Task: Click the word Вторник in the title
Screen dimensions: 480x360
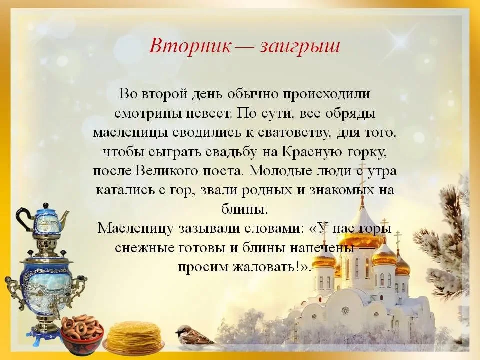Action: (190, 46)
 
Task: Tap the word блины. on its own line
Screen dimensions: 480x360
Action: (244, 210)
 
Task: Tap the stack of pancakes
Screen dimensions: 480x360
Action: (134, 336)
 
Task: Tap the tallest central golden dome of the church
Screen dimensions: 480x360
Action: (362, 232)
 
